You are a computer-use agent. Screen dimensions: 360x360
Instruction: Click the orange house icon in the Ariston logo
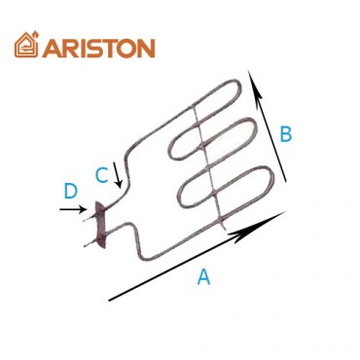coord(26,44)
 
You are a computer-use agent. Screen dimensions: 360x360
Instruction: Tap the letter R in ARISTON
coord(69,46)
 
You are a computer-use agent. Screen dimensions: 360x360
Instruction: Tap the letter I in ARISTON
coord(83,46)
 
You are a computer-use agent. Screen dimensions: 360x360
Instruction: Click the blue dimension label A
coord(203,276)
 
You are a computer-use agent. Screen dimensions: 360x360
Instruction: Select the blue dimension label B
coord(285,134)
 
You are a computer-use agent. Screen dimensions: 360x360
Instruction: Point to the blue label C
coord(101,175)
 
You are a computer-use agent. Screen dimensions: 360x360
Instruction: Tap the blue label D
coord(70,188)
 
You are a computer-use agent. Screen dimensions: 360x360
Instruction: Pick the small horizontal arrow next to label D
coord(76,207)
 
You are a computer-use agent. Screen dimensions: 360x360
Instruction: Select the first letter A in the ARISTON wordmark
coord(51,46)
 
